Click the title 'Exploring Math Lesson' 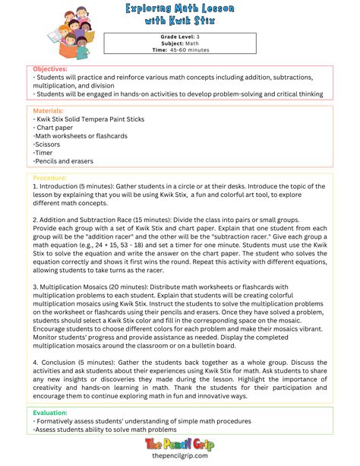(180, 8)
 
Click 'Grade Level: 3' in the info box (180, 36)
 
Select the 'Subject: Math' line (180, 43)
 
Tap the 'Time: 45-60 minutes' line (180, 50)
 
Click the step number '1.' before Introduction (35, 185)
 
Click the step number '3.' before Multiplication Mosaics (35, 287)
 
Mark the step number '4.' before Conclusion (36, 354)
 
